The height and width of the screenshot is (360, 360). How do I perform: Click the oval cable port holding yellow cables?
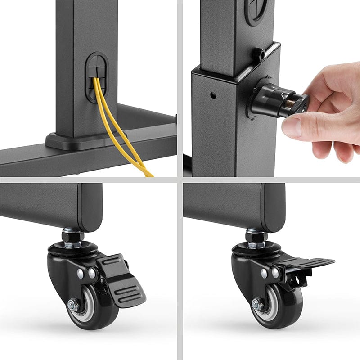[96, 76]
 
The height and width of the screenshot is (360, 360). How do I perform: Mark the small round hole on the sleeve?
[213, 95]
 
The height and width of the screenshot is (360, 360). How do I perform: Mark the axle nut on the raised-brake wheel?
[258, 305]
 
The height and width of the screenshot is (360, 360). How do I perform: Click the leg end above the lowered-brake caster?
[54, 205]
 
